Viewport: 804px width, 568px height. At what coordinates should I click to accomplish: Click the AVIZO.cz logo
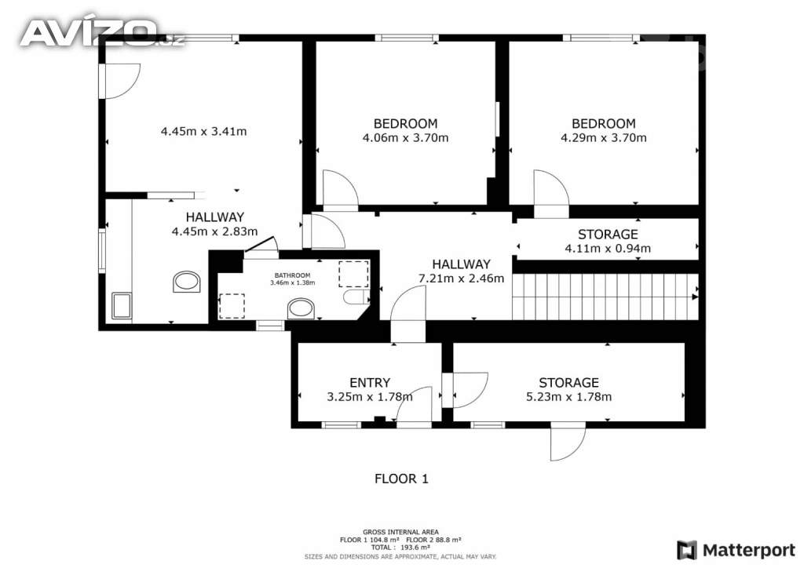[x=101, y=33]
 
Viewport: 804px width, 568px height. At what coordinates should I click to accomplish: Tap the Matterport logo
[x=736, y=550]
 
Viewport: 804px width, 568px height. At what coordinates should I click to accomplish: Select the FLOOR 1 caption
[x=401, y=479]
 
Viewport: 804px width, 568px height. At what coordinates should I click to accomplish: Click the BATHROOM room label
[x=292, y=275]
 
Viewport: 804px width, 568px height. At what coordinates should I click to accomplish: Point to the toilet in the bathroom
[x=356, y=297]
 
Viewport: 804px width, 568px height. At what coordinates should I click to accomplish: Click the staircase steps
[x=605, y=297]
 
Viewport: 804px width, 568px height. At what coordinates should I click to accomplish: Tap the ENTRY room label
[x=370, y=383]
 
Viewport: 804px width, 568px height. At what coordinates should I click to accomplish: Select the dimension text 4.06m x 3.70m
[x=405, y=138]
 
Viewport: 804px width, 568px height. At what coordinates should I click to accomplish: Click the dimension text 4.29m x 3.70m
[x=604, y=138]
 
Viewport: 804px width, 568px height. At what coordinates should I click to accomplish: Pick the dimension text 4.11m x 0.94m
[x=608, y=249]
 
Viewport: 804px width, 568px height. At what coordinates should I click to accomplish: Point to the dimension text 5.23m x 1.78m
[x=568, y=396]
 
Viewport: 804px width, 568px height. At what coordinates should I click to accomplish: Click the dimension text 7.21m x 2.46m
[x=462, y=278]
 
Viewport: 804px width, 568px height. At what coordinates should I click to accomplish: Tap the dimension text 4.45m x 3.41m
[x=203, y=131]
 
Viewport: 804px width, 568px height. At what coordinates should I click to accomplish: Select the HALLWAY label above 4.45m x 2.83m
[x=215, y=217]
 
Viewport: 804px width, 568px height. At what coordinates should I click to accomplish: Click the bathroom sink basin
[x=301, y=309]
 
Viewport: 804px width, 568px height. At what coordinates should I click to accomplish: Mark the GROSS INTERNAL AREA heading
[x=400, y=532]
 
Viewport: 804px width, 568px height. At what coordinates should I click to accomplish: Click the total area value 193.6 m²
[x=415, y=548]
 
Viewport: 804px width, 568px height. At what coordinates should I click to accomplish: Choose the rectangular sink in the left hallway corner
[x=122, y=306]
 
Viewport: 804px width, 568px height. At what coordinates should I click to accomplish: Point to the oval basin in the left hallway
[x=186, y=282]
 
